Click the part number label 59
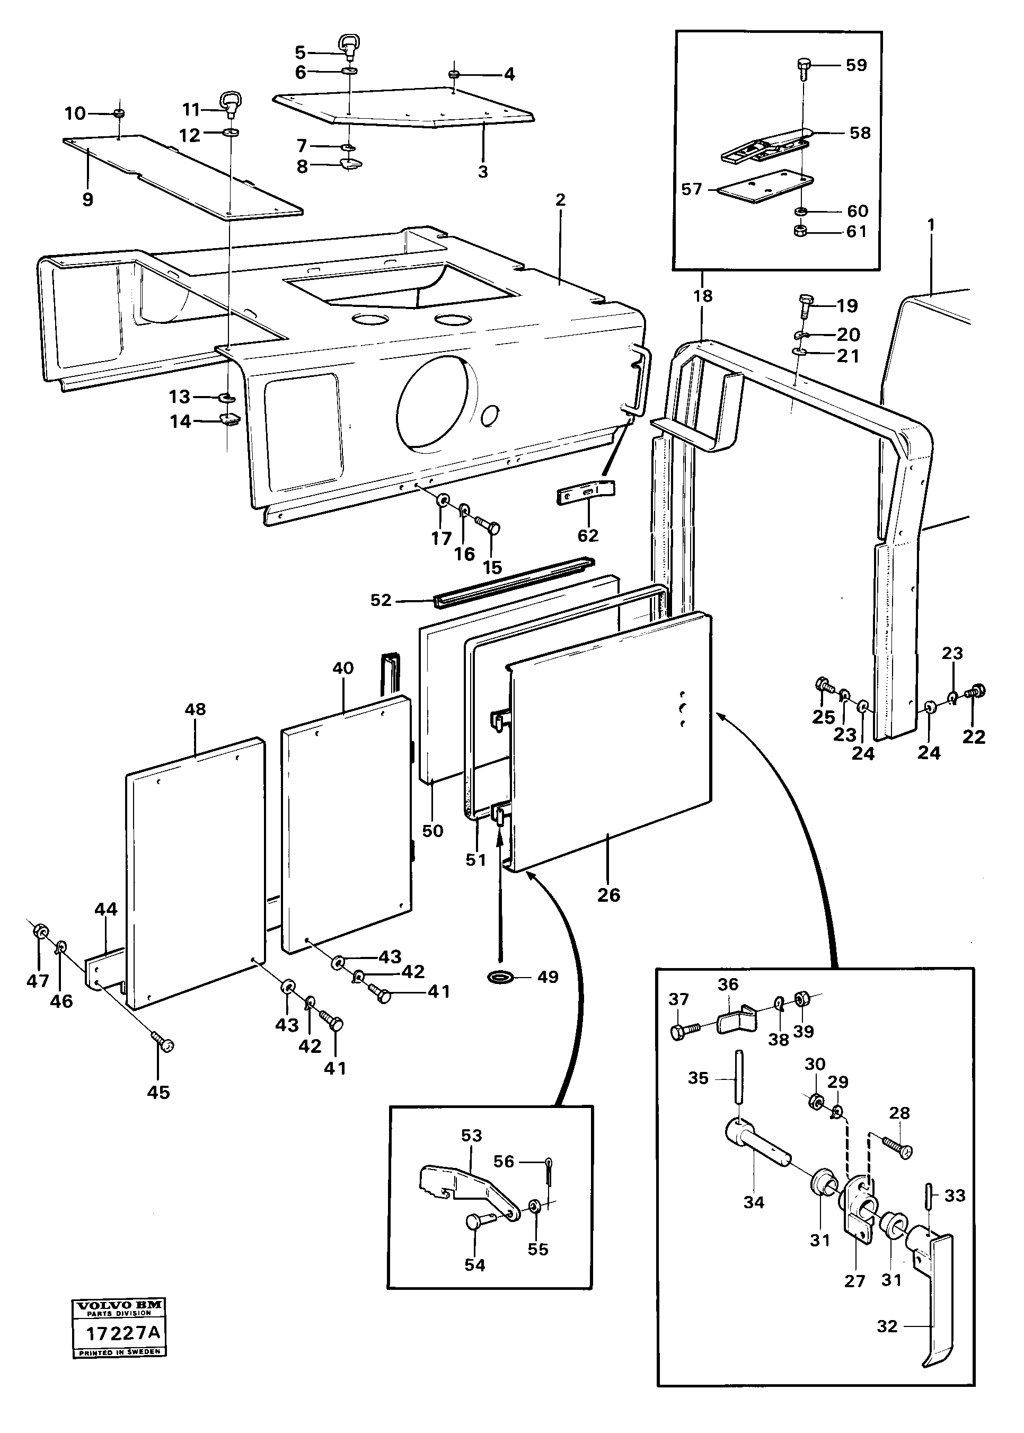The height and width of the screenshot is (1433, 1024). point(857,66)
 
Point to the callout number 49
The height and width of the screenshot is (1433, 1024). point(548,977)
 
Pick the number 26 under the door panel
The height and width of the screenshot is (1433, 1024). point(608,895)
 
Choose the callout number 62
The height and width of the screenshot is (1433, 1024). point(588,535)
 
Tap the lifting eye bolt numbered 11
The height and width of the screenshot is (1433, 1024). point(231,102)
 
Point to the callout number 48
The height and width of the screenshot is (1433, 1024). point(195,709)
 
